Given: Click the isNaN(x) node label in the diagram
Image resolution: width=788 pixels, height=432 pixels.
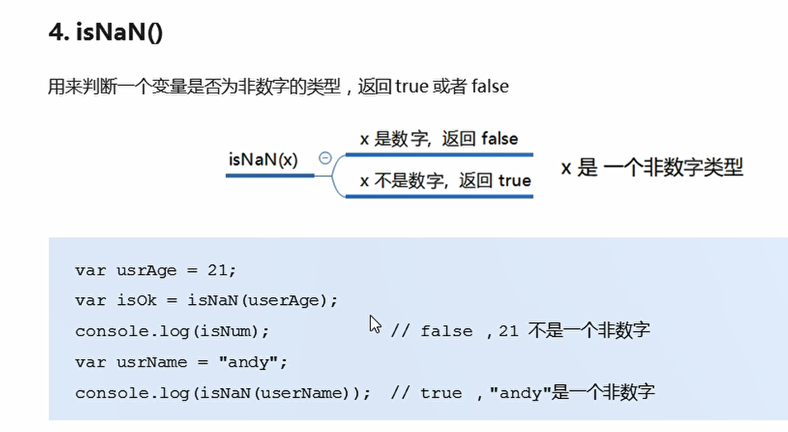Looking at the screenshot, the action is point(263,159).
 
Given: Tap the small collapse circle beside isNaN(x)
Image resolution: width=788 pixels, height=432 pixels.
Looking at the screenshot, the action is point(325,159).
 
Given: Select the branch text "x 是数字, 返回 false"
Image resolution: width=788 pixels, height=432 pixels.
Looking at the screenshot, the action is point(439,139).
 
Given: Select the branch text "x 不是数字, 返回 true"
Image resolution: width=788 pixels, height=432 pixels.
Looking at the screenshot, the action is point(445,181).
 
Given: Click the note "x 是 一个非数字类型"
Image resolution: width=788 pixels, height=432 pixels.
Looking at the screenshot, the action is point(652,168).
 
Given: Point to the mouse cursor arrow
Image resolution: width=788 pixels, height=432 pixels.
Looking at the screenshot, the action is point(374,323).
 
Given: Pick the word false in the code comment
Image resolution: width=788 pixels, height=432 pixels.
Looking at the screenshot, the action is point(446,331).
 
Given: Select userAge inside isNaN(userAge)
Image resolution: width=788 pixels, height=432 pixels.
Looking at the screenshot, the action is point(293,300).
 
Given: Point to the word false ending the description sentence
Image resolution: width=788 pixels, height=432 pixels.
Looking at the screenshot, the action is point(490,85).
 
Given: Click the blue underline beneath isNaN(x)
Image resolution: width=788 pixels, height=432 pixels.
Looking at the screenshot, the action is point(269,175).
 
